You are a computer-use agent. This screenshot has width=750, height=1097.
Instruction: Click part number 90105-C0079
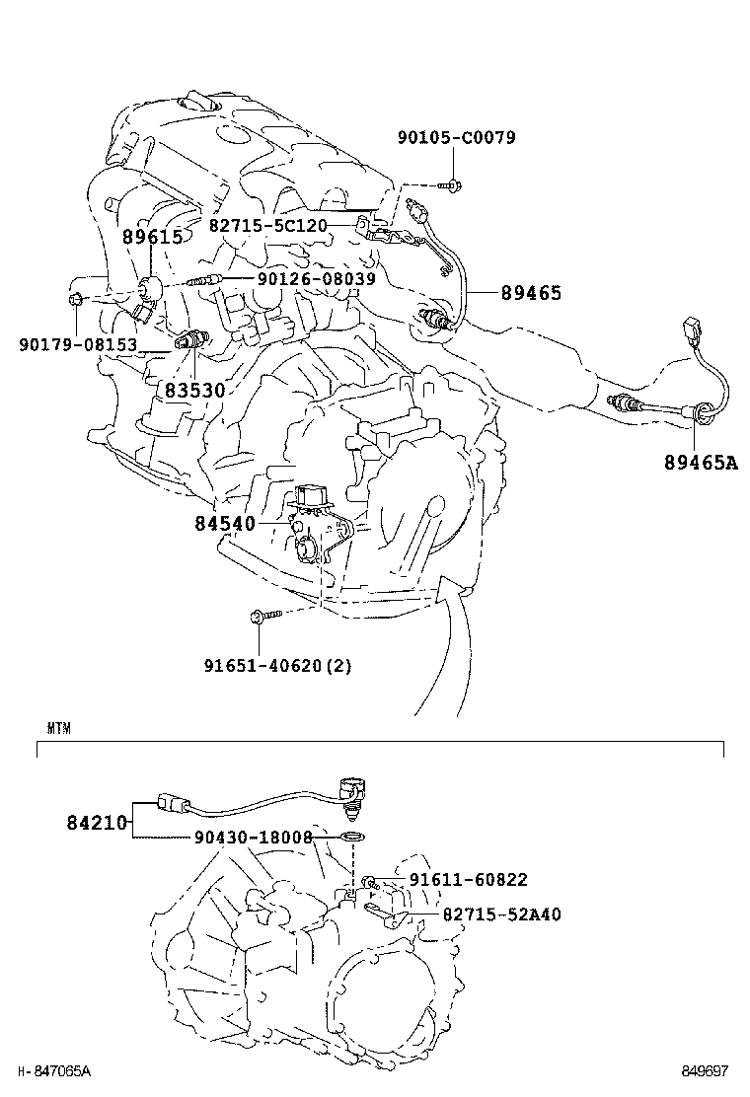(456, 138)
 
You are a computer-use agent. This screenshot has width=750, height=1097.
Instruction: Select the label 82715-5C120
(267, 226)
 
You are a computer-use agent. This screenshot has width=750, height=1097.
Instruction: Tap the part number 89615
(152, 237)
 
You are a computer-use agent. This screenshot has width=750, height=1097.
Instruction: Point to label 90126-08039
(316, 280)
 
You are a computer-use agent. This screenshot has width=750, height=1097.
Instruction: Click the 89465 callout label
(530, 293)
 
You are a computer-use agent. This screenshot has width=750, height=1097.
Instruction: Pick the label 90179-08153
(78, 344)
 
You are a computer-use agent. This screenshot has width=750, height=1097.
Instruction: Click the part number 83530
(194, 391)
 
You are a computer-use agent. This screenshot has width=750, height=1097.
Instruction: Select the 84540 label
(225, 523)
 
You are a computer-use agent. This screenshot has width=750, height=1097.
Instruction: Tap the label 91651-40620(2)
(277, 665)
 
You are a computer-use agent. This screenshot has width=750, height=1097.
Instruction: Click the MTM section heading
(58, 729)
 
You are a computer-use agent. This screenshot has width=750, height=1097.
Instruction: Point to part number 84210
(97, 821)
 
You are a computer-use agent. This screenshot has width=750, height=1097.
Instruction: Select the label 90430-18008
(253, 838)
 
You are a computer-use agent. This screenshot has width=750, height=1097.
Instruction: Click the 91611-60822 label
(468, 880)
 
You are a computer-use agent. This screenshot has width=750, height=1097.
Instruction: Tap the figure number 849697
(704, 1070)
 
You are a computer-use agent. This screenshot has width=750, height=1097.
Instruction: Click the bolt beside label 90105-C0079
(452, 183)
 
